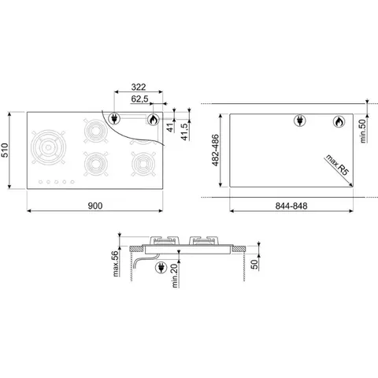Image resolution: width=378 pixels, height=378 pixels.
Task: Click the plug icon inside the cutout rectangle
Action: tap(299, 121)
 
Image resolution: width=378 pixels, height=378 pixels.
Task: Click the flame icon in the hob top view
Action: tap(153, 120)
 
